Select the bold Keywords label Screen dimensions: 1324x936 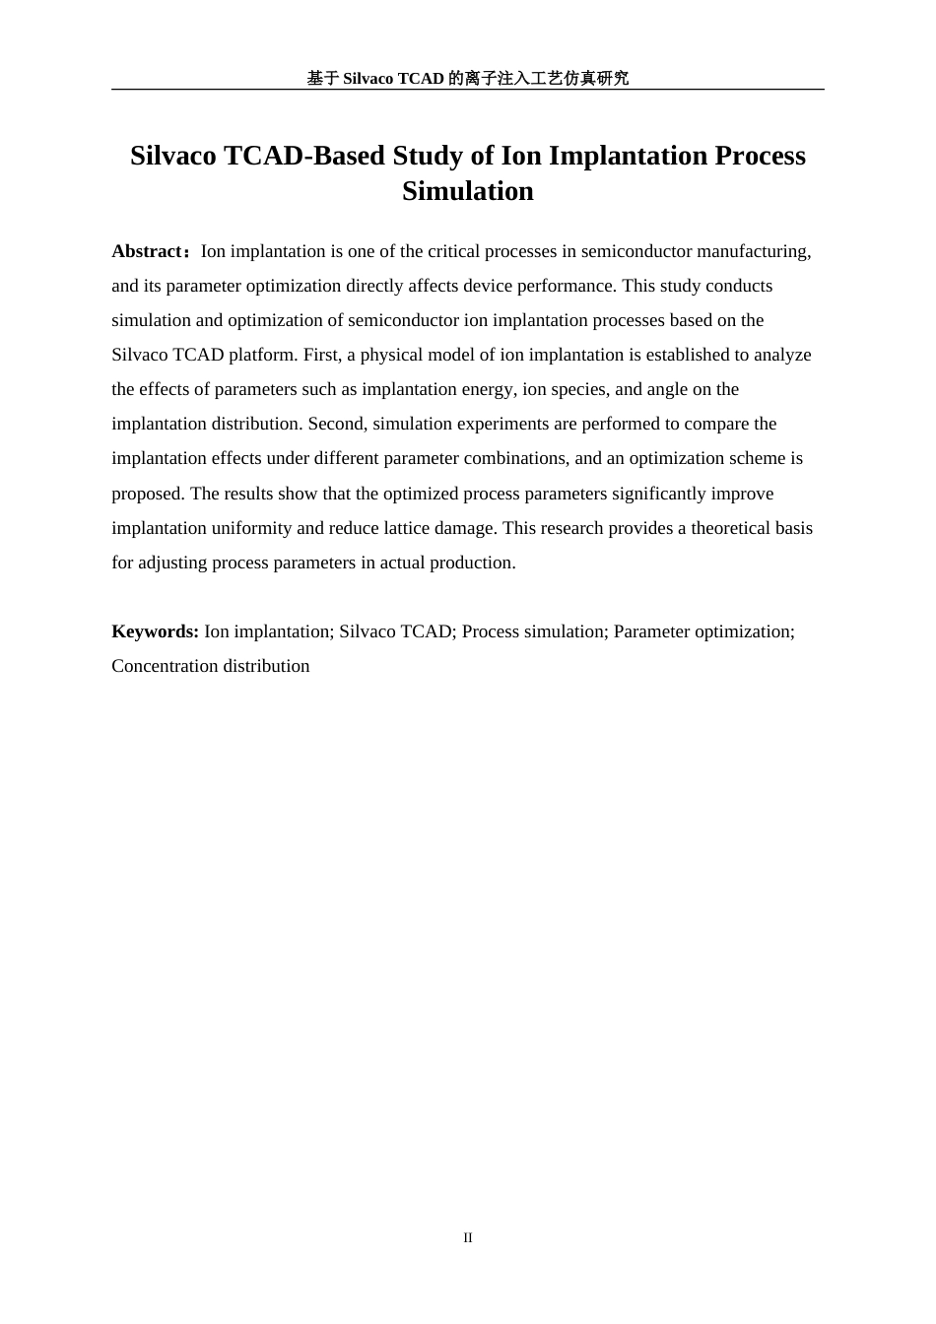155,631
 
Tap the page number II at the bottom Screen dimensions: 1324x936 468,1237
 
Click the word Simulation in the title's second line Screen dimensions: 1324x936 467,191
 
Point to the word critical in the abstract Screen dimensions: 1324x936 456,251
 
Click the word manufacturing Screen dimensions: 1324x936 753,251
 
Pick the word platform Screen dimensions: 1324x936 263,355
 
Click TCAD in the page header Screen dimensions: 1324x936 421,78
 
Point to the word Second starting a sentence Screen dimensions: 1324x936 337,424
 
